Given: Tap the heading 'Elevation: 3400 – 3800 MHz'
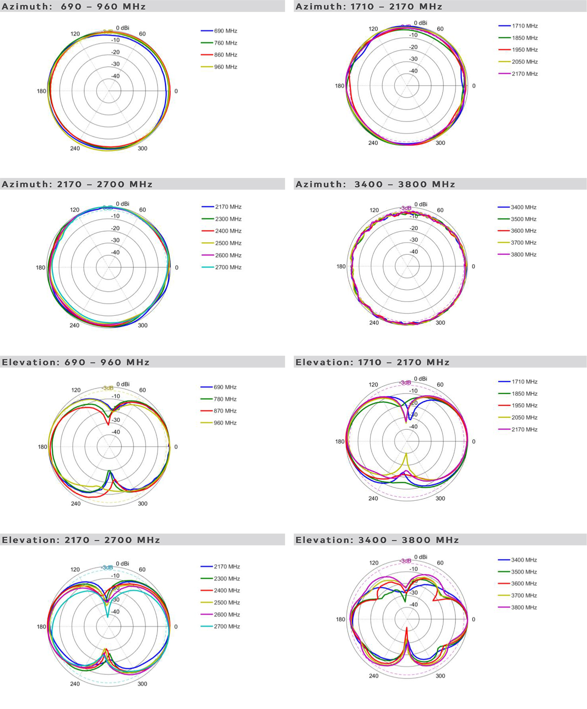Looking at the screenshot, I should pyautogui.click(x=377, y=540).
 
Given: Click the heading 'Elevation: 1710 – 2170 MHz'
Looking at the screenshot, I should pyautogui.click(x=372, y=362).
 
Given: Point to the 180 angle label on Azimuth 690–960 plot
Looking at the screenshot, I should pyautogui.click(x=41, y=91).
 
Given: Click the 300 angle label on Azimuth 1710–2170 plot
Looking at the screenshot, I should pyautogui.click(x=440, y=143).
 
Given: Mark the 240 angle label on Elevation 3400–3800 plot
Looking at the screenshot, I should pyautogui.click(x=373, y=676).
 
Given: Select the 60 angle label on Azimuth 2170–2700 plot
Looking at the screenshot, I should pyautogui.click(x=142, y=210).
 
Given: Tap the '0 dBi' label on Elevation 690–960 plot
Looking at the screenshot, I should pyautogui.click(x=123, y=384).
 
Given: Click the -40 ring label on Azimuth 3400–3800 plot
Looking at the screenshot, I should pyautogui.click(x=413, y=252).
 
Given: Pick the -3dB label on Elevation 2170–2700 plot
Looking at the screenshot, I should pyautogui.click(x=107, y=567).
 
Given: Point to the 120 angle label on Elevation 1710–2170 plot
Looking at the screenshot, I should pyautogui.click(x=373, y=385).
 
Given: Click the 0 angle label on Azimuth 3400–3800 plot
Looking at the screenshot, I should pyautogui.click(x=473, y=267).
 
